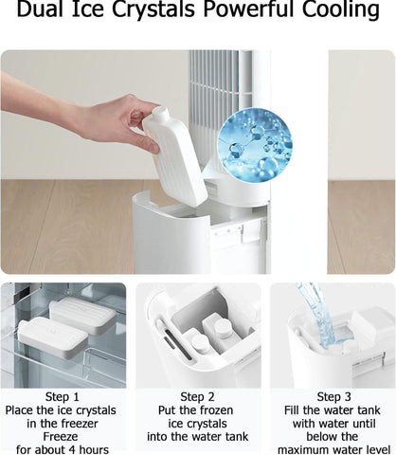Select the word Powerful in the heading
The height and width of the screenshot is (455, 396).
[x=249, y=9]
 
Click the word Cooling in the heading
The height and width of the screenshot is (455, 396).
[x=341, y=10]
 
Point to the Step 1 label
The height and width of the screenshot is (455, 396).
[x=62, y=397]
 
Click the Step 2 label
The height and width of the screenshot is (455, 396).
[x=197, y=397]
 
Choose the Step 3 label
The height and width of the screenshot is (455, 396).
[x=333, y=397]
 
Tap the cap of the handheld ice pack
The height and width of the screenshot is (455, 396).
[x=160, y=113]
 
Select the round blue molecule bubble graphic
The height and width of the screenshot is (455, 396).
[x=255, y=146]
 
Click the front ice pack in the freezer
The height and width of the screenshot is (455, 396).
[x=52, y=337]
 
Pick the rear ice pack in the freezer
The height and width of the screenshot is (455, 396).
[x=83, y=314]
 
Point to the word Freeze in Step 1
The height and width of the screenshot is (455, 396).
[x=61, y=436]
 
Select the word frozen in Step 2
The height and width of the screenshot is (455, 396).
[x=213, y=410]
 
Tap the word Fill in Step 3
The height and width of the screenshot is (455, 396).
[x=292, y=410]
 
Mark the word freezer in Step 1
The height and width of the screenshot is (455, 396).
[x=80, y=424]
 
